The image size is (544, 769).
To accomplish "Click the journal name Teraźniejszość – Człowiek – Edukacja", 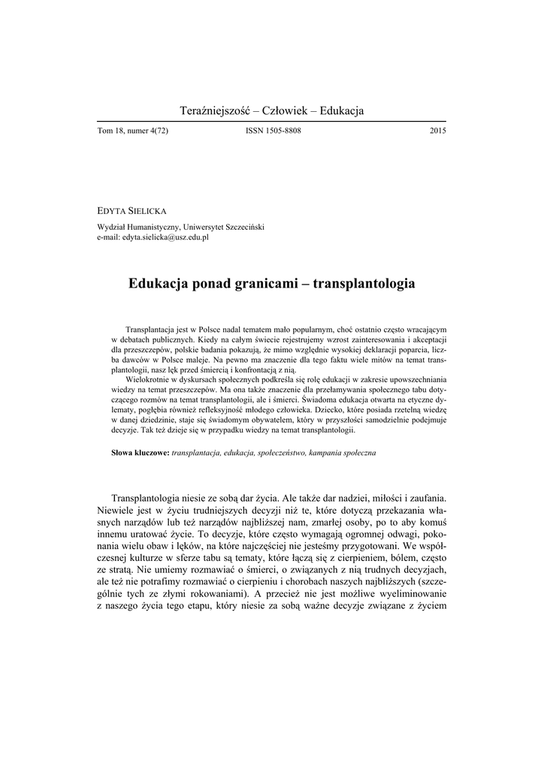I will coord(272,111).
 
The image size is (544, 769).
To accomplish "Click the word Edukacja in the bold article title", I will coord(162,285).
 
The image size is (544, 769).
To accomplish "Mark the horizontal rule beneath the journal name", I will coord(272,121).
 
